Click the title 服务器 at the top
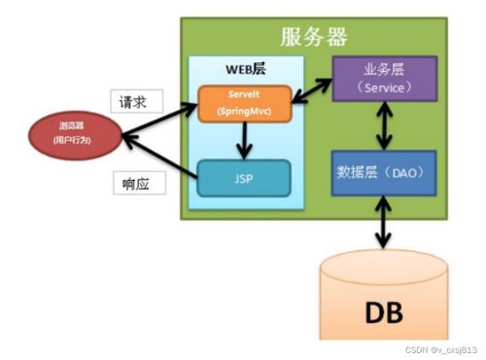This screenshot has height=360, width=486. click(314, 37)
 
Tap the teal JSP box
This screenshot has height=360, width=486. click(245, 178)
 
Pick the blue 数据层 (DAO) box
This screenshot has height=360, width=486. click(384, 172)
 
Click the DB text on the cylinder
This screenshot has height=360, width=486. click(385, 313)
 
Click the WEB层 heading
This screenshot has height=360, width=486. click(244, 71)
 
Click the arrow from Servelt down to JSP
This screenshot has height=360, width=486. click(245, 141)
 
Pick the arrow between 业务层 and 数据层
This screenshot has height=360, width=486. click(385, 124)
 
